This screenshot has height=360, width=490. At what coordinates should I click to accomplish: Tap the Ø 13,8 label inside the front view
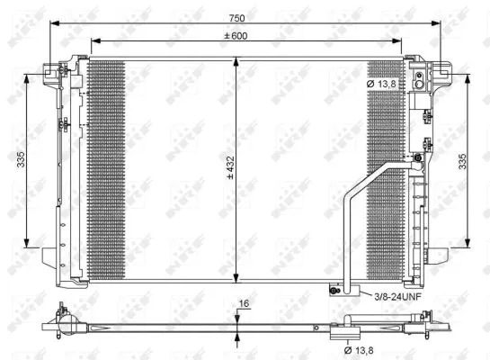click(x=383, y=85)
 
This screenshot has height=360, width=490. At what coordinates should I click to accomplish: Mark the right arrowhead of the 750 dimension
click(x=441, y=24)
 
